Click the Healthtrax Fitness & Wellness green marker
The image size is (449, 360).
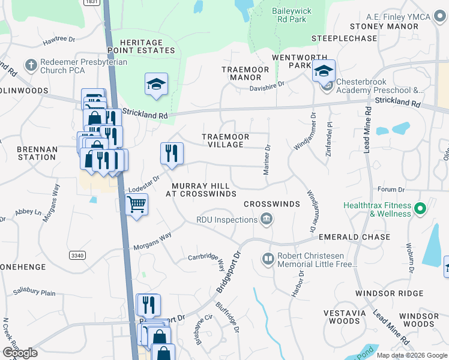(420, 209)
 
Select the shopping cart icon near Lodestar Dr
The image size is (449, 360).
(137, 205)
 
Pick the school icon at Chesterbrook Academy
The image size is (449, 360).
(323, 72)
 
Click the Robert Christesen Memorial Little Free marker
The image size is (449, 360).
(268, 259)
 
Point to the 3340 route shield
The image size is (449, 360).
(77, 256)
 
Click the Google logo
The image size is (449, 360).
(20, 353)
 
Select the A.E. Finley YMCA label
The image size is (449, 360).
(390, 17)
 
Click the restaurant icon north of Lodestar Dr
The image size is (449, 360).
(172, 154)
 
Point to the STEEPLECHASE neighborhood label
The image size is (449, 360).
(343, 38)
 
